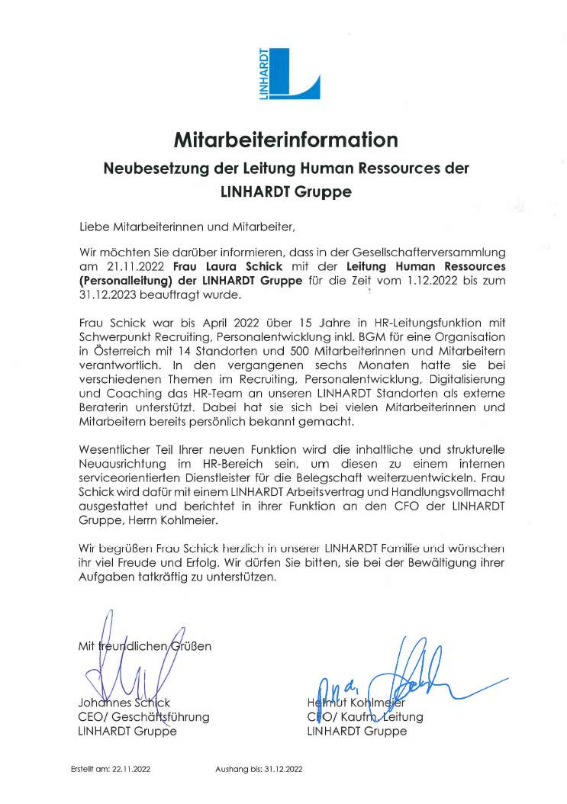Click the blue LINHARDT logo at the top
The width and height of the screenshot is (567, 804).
[288, 73]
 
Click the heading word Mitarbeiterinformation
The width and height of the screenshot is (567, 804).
[285, 140]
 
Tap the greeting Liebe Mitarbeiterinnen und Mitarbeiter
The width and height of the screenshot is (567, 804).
[186, 227]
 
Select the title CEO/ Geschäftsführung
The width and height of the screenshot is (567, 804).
[143, 717]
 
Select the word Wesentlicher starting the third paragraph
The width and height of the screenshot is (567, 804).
[116, 450]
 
